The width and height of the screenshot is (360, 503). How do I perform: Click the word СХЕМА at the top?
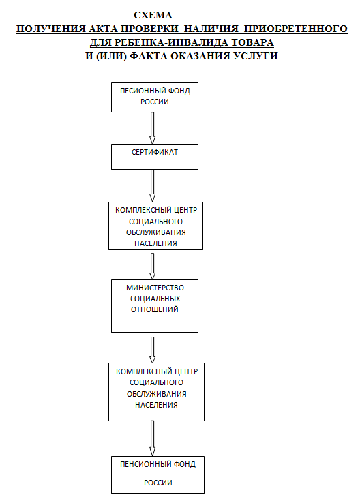click(x=153, y=16)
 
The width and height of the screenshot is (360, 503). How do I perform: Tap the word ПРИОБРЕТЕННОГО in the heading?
click(x=295, y=29)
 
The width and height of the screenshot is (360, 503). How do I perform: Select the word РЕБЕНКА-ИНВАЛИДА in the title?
click(x=171, y=42)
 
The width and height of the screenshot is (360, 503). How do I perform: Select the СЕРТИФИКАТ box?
click(x=155, y=157)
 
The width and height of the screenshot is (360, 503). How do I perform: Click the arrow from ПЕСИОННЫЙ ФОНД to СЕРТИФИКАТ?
click(x=153, y=128)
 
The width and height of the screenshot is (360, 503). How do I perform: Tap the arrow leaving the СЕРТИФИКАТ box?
click(x=153, y=186)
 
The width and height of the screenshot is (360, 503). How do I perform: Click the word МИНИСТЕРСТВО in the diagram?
click(x=155, y=288)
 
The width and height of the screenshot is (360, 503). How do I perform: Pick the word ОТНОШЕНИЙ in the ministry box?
click(x=155, y=309)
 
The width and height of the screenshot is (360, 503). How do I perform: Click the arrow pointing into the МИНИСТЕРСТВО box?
click(x=153, y=266)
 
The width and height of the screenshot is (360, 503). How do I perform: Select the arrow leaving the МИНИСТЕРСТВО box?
click(x=153, y=350)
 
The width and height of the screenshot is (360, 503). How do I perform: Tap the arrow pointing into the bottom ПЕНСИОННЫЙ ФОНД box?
click(x=153, y=438)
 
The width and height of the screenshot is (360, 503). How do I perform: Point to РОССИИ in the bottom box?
click(x=158, y=483)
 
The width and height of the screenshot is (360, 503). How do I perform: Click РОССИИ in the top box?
click(x=155, y=102)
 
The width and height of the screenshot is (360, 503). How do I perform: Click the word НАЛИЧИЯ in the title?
click(x=211, y=29)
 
